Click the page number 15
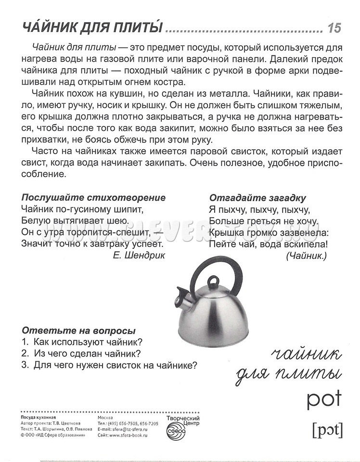[334, 28]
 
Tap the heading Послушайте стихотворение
[93, 198]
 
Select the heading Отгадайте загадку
[258, 198]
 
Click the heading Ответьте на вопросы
[78, 331]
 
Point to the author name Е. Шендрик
[139, 256]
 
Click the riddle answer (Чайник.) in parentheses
[306, 256]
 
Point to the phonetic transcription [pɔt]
[327, 430]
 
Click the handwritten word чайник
[306, 356]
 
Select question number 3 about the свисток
[110, 365]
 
